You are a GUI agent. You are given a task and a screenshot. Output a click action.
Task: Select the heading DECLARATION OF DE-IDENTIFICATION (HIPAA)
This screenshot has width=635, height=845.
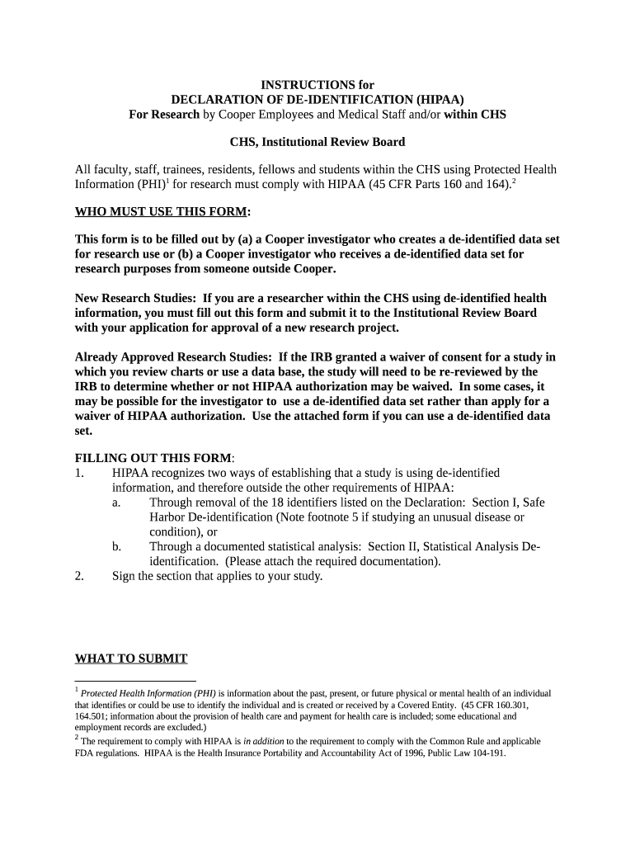(x=317, y=100)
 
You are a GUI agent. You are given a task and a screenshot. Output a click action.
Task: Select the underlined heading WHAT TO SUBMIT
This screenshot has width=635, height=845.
(x=131, y=659)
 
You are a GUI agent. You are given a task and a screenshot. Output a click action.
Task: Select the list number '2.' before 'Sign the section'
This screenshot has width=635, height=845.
(x=79, y=577)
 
